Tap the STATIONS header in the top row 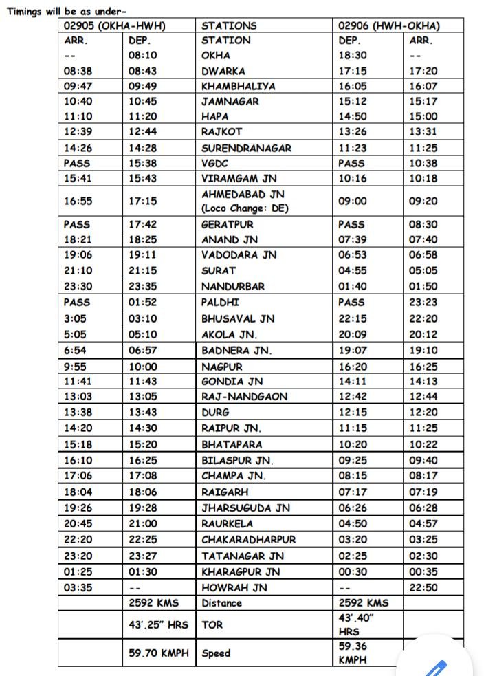click(229, 25)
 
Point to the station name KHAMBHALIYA click(238, 86)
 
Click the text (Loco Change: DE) click(245, 208)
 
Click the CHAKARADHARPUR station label click(248, 539)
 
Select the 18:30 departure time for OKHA click(353, 56)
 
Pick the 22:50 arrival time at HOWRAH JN click(423, 587)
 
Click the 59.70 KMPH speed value click(158, 653)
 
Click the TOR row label click(212, 625)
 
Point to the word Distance click(221, 603)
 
